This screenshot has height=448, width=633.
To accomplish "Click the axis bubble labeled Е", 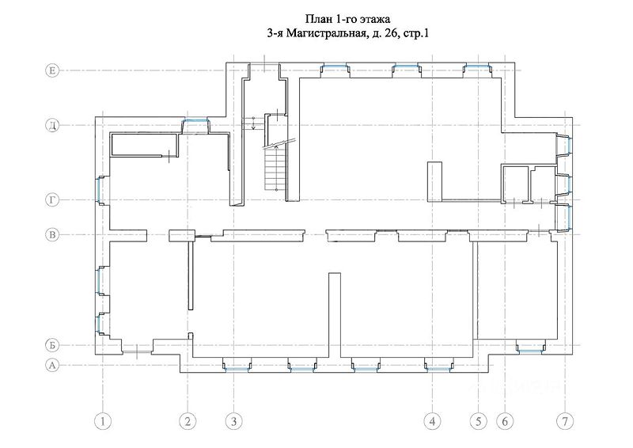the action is (52, 70).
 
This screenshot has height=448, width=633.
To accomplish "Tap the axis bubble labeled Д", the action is (52, 125).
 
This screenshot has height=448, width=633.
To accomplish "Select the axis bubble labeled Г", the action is (52, 200).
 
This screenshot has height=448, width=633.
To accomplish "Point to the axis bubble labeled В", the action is (52, 235).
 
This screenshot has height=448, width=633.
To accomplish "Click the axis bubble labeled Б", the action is (52, 345).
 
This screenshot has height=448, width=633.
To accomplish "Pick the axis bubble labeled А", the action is (52, 366).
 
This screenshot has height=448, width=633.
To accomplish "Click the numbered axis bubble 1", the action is (103, 422).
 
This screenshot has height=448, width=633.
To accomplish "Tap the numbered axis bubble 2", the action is (188, 422).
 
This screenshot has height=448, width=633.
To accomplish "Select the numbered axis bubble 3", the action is (233, 422).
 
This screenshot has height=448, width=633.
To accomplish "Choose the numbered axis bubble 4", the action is (432, 422).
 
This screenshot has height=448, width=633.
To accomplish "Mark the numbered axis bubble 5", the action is (479, 422).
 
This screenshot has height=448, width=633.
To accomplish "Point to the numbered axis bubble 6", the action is (505, 422).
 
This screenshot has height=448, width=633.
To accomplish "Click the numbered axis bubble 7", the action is (565, 422).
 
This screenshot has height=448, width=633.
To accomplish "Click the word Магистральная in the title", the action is (327, 34).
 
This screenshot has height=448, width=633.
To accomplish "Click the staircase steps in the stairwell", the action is (275, 169).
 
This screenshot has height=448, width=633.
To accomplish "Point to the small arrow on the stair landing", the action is (253, 123).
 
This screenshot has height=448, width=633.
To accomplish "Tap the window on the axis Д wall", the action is (195, 121).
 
